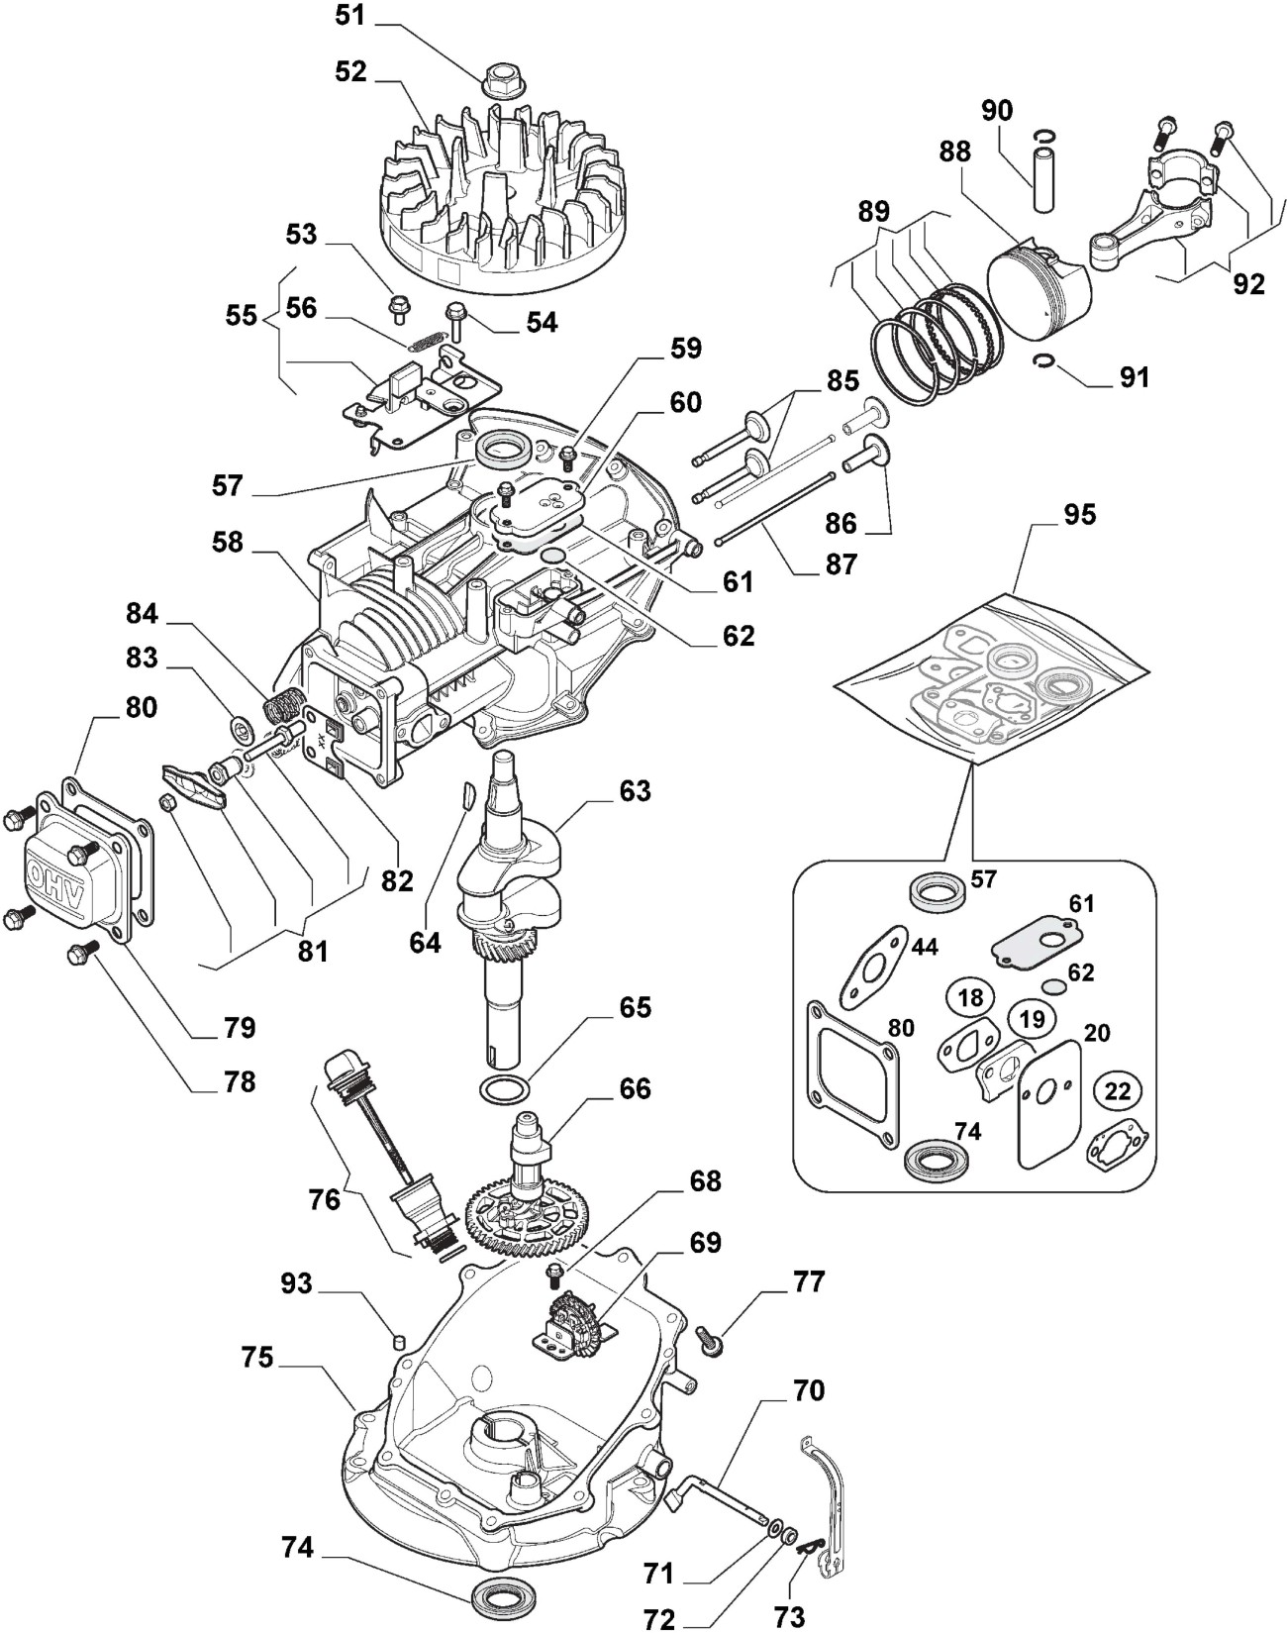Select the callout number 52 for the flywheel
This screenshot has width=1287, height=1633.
click(350, 71)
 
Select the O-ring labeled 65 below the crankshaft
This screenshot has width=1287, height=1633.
click(503, 1088)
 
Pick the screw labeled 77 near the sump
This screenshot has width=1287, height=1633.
click(712, 1338)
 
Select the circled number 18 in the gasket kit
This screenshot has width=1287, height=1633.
click(970, 997)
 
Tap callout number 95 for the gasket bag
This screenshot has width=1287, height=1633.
click(1080, 516)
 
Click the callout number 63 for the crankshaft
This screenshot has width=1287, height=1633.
click(635, 791)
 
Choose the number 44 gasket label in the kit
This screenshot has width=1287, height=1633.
click(924, 948)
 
